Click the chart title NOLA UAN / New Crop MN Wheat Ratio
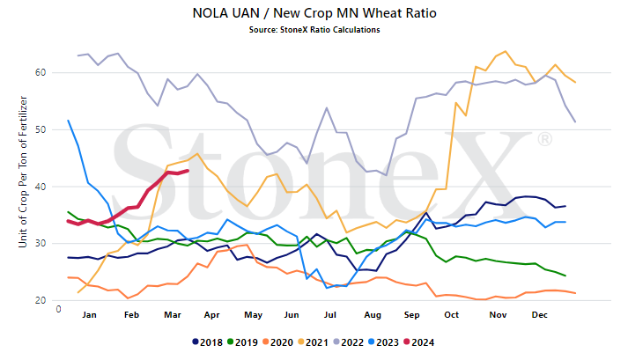tap(314, 13)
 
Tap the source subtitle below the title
tap(314, 30)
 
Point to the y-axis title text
tap(23, 172)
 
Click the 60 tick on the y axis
tap(41, 72)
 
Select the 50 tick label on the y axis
tap(41, 129)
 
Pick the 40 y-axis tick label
tap(41, 187)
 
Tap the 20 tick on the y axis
tap(41, 300)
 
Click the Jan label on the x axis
tap(89, 315)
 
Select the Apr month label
tap(212, 315)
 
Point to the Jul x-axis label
tap(330, 315)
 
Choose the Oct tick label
tap(451, 315)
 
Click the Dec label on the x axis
tap(540, 315)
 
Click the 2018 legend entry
tap(208, 342)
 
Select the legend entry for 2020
tap(278, 342)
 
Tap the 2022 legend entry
tap(349, 342)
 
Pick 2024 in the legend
tap(419, 342)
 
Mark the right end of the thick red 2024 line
tap(188, 171)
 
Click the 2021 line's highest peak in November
tap(505, 51)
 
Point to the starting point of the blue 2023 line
tap(68, 121)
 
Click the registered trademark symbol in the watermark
tap(544, 139)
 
